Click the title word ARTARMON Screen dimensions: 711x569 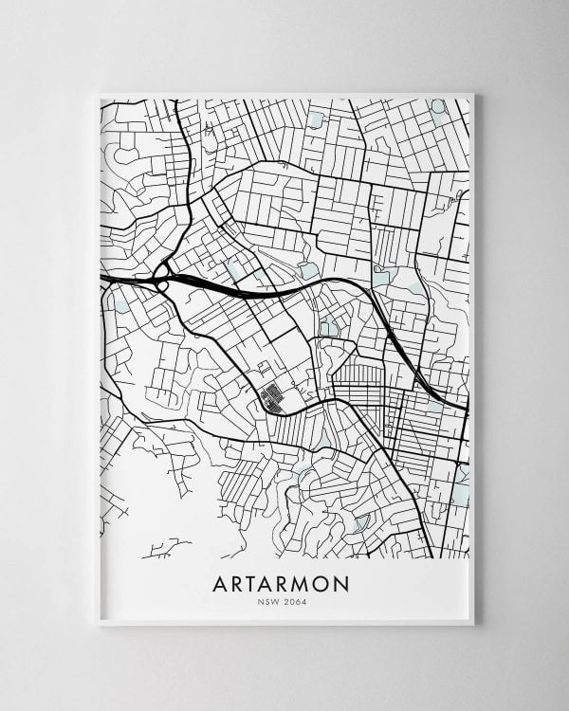284,581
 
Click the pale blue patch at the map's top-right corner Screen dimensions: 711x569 438,106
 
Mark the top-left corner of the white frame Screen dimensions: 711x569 99,92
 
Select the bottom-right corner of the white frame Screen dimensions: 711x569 473,625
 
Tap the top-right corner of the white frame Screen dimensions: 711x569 473,92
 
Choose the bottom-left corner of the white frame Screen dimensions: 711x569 99,625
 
